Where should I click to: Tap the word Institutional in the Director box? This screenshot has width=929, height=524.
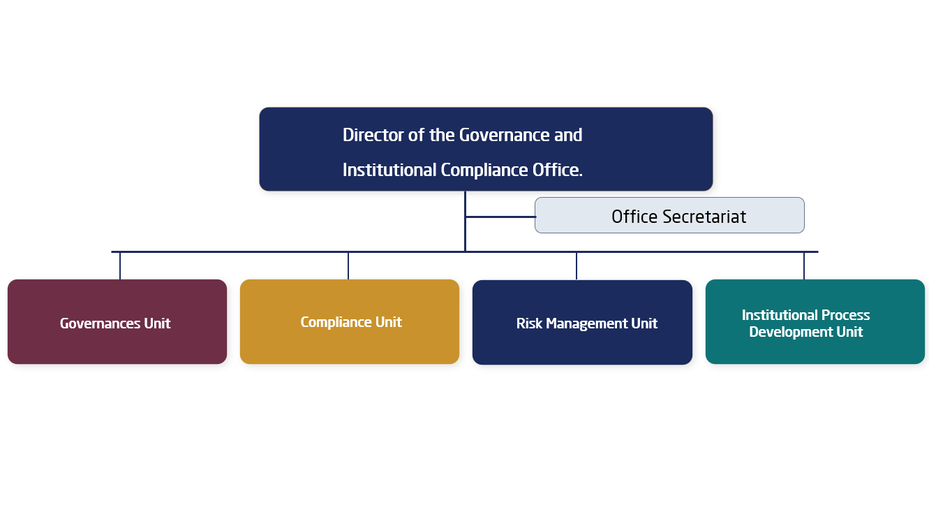[x=389, y=170]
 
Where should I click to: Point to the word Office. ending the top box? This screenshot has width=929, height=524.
[x=558, y=170]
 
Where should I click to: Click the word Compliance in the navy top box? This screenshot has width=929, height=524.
[x=484, y=170]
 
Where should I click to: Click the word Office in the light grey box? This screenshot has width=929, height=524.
[x=634, y=217]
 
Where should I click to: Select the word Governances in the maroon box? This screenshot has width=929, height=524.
[x=100, y=323]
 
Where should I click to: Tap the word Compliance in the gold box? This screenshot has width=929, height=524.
[x=336, y=323]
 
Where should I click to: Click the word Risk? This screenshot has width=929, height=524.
[x=529, y=323]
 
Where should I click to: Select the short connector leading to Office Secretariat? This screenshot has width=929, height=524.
[x=500, y=217]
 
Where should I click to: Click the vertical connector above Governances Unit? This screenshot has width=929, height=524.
[x=120, y=265]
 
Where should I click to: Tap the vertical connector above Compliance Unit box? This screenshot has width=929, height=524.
[x=348, y=265]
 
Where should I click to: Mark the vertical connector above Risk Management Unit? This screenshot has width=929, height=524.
[x=576, y=266]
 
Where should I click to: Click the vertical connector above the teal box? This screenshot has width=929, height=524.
[x=804, y=265]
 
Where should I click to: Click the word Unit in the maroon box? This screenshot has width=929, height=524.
[x=157, y=323]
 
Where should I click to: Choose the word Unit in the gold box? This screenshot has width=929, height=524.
[x=389, y=322]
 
